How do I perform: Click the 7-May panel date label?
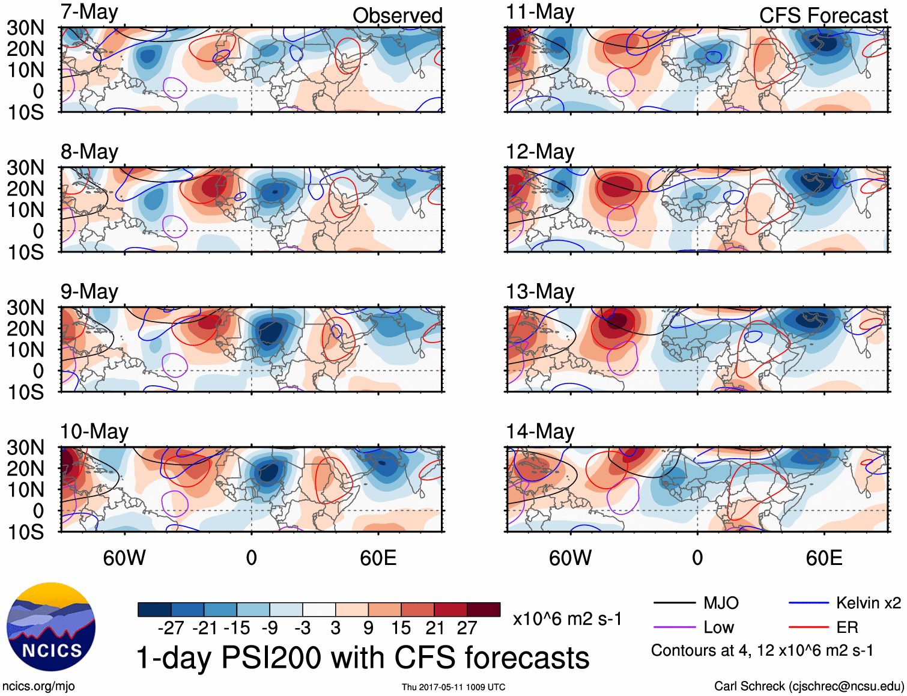pyautogui.click(x=89, y=13)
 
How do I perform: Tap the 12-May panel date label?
pyautogui.click(x=540, y=152)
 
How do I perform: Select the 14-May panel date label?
pyautogui.click(x=540, y=432)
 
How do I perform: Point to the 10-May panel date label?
pyautogui.click(x=94, y=432)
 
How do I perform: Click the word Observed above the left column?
pyautogui.click(x=397, y=16)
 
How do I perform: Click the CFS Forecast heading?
pyautogui.click(x=823, y=16)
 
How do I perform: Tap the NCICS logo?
pyautogui.click(x=51, y=627)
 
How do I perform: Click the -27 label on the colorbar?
pyautogui.click(x=171, y=628)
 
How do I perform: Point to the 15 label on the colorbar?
pyautogui.click(x=401, y=628)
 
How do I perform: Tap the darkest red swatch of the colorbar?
pyautogui.click(x=484, y=609)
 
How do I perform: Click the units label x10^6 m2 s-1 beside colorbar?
pyautogui.click(x=567, y=619)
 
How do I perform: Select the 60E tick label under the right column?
pyautogui.click(x=824, y=558)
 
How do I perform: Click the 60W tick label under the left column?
pyautogui.click(x=124, y=558)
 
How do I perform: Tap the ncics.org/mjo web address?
pyautogui.click(x=38, y=686)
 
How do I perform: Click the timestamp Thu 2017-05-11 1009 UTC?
pyautogui.click(x=453, y=687)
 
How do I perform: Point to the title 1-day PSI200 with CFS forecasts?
pyautogui.click(x=363, y=658)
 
